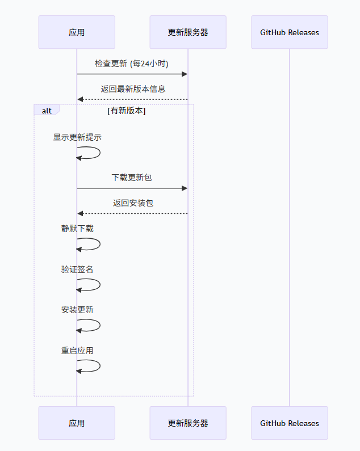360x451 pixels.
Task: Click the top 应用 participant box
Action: [x=77, y=32]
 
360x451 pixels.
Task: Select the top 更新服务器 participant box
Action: [x=188, y=32]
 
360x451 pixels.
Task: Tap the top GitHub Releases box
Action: [x=290, y=32]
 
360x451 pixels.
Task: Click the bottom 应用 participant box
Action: [x=77, y=423]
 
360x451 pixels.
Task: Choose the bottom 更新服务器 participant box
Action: [x=188, y=423]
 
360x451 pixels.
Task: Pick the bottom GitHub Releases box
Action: [x=290, y=423]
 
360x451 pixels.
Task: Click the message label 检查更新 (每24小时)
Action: [x=132, y=64]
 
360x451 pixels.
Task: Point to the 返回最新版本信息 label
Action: [x=133, y=89]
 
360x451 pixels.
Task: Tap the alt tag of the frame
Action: [x=47, y=111]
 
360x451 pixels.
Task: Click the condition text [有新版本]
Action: [x=127, y=111]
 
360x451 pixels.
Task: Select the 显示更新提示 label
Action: [x=77, y=137]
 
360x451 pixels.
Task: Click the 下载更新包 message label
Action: [x=132, y=178]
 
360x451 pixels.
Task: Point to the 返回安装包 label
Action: [x=133, y=203]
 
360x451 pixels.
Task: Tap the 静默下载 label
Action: [x=77, y=229]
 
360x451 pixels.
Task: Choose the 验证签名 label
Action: [x=77, y=269]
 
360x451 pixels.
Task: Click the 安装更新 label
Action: [x=77, y=310]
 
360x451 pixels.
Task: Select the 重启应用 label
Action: [x=77, y=351]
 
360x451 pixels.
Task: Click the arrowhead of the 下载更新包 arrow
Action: [x=185, y=188]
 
